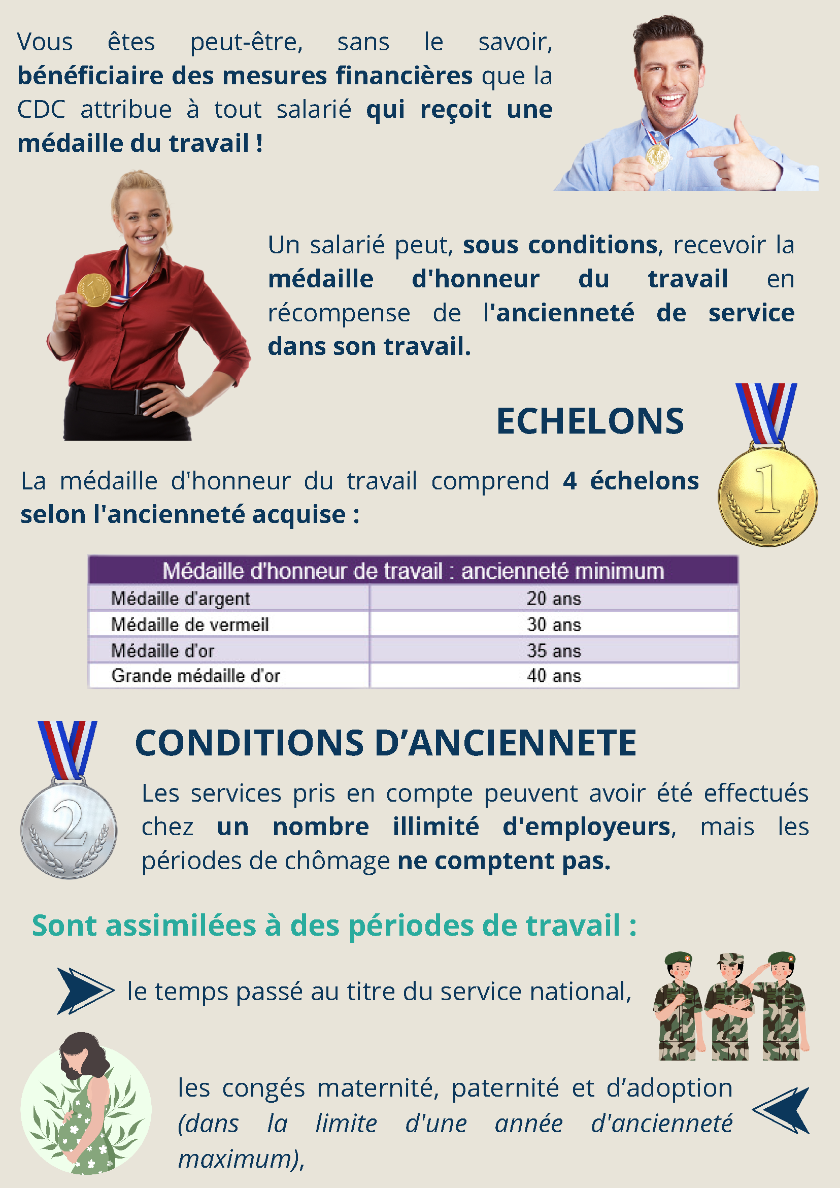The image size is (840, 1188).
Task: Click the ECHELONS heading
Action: (590, 421)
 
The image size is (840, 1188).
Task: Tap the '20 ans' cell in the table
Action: (553, 599)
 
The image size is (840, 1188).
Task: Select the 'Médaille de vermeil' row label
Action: (190, 624)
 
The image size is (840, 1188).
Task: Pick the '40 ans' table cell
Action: (553, 676)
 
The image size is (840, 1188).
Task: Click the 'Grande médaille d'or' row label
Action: (195, 676)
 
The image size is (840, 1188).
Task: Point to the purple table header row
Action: (413, 571)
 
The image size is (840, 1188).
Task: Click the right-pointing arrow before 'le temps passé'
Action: (84, 991)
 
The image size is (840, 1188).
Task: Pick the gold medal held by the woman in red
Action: (93, 290)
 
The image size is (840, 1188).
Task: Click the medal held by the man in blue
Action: (657, 156)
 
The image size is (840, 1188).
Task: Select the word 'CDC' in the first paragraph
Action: (42, 110)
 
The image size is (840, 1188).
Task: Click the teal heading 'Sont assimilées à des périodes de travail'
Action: (333, 926)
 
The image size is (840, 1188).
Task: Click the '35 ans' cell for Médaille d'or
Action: (553, 650)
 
